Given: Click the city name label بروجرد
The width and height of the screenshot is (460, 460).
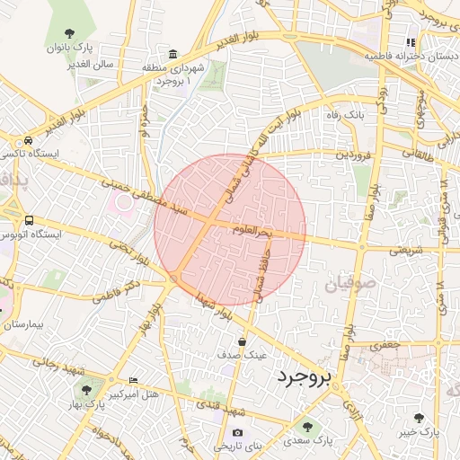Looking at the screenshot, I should point(305,375).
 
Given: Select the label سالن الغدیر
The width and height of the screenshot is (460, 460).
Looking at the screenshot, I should point(90,65).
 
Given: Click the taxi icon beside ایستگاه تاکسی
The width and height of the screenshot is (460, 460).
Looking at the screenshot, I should point(30,140).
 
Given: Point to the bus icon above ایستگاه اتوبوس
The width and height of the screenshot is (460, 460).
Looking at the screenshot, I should point(30,220).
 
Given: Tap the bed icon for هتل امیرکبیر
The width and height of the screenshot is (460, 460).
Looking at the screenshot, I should point(133,381).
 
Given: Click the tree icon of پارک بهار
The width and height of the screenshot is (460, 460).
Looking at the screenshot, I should point(86,391).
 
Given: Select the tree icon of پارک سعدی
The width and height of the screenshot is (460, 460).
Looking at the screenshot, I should point(308,427).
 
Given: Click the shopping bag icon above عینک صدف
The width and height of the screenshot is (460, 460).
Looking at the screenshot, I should point(243,341).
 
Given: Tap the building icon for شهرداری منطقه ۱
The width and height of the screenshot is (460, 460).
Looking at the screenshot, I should point(172,54).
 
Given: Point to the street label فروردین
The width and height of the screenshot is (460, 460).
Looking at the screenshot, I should point(353,154).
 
